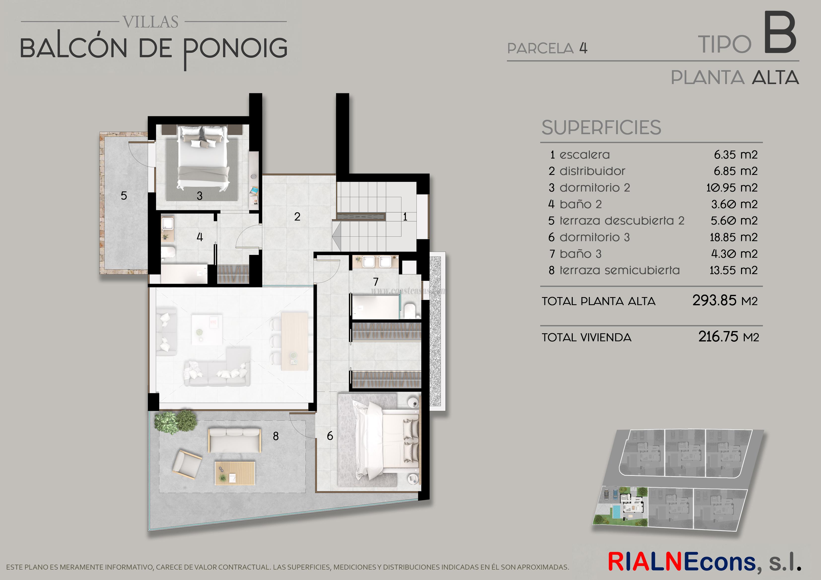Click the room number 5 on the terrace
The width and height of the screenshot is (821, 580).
[124, 196]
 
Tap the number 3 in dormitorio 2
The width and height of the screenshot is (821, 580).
[200, 196]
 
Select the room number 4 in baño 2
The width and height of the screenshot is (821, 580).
[200, 237]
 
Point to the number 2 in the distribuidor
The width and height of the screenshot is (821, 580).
[297, 216]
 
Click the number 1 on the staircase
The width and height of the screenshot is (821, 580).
[405, 217]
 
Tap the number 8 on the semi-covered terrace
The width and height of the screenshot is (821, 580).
[276, 436]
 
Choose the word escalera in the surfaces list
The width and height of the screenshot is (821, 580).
[585, 155]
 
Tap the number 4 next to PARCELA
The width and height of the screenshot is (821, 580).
[583, 48]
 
